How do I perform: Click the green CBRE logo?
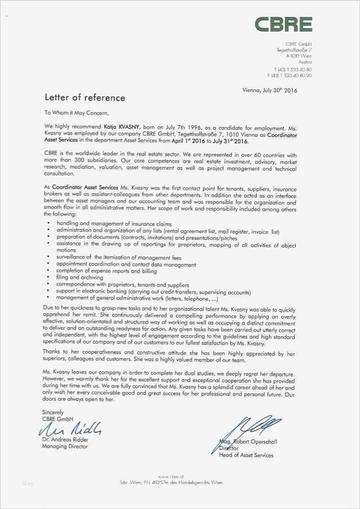pyautogui.click(x=283, y=24)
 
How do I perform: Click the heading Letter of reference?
pyautogui.click(x=85, y=98)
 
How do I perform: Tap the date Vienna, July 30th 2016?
pyautogui.click(x=269, y=90)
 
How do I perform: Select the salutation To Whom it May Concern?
pyautogui.click(x=76, y=112)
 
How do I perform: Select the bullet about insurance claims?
pyautogui.click(x=106, y=224)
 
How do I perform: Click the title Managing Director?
pyautogui.click(x=65, y=446)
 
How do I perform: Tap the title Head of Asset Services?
pyautogui.click(x=246, y=455)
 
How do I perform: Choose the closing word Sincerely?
pyautogui.click(x=53, y=413)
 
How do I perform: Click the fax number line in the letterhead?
pyautogui.click(x=289, y=75)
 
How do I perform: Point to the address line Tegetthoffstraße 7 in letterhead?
pyautogui.click(x=294, y=50)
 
